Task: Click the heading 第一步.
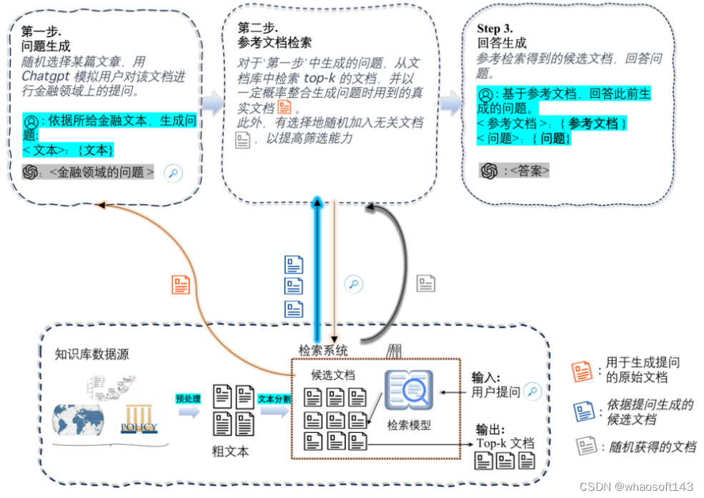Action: pyautogui.click(x=41, y=31)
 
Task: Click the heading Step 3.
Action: pyautogui.click(x=495, y=29)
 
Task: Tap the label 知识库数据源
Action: pyautogui.click(x=92, y=354)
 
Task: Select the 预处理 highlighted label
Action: pyautogui.click(x=188, y=399)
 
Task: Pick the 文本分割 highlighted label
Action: pyautogui.click(x=274, y=399)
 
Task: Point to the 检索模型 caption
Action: pyautogui.click(x=409, y=425)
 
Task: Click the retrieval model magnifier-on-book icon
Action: pyautogui.click(x=408, y=391)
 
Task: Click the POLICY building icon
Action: pyautogui.click(x=139, y=419)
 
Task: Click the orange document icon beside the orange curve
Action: pyautogui.click(x=181, y=285)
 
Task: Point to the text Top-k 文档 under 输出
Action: pyautogui.click(x=505, y=443)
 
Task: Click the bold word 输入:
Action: pyautogui.click(x=485, y=378)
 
